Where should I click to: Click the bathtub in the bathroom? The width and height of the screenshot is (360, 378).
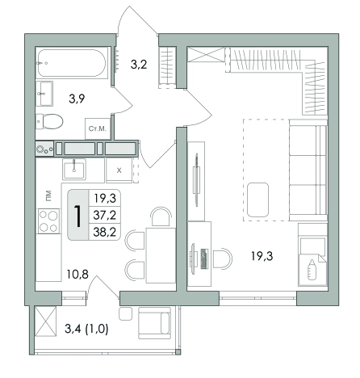coord(72,63)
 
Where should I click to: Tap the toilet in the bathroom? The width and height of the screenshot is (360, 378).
coord(49,122)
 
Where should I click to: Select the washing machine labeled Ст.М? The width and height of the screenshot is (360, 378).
coord(98,128)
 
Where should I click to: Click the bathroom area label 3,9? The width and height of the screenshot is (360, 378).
coord(77,99)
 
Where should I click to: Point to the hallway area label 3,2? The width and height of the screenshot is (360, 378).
coord(139,65)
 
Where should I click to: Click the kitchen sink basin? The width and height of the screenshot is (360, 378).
coord(74,169)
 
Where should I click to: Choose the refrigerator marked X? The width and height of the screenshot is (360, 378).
coord(119,170)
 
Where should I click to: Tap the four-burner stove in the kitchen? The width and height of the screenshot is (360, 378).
coord(48,221)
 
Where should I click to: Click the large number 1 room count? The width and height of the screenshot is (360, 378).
coord(78,216)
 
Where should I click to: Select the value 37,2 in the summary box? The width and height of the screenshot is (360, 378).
coord(105,215)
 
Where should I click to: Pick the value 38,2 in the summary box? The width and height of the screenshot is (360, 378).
coord(105,232)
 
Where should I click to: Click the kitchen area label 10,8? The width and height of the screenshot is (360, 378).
coord(77,275)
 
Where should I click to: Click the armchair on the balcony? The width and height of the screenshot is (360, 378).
coord(154,323)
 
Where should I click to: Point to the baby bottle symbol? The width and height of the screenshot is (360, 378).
coord(312,270)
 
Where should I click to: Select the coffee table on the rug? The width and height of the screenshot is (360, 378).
coord(257,199)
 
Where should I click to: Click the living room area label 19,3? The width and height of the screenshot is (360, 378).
coord(262,256)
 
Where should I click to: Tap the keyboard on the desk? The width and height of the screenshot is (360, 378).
coord(204,258)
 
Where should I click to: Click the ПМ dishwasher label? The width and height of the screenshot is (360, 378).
coord(48,195)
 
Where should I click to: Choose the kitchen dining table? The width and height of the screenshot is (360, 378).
coord(161,255)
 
